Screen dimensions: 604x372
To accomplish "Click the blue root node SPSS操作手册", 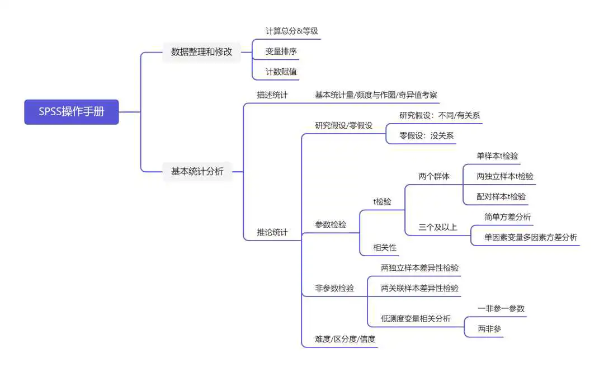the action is point(71,112).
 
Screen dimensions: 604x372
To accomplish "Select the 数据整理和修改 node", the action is point(201,51).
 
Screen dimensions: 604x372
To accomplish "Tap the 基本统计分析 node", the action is point(197,171).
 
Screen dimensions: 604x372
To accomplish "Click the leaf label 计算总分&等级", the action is point(291,31).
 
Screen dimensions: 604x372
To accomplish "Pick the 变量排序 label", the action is point(281,51).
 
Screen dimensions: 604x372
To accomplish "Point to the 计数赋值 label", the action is point(281,72).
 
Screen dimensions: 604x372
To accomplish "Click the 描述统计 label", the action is point(272,95).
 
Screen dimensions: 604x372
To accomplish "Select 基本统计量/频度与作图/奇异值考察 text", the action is point(376,95).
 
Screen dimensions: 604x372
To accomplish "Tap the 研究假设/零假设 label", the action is point(343,125).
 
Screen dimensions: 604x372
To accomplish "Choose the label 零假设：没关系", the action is point(426,136).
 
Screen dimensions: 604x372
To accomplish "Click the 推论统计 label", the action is point(272,232).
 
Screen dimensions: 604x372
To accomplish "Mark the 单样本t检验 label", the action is point(497,156).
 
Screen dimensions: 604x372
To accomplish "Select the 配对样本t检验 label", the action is point(501,196).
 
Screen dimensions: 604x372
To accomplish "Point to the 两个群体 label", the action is point(434,176).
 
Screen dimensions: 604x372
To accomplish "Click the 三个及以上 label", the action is point(437,227).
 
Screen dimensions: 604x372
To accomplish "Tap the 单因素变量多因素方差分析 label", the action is point(530,237).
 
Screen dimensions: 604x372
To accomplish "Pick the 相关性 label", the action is point(384,247).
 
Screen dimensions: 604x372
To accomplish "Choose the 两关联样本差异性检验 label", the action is point(419,288).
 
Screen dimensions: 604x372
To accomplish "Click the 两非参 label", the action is point(489,329).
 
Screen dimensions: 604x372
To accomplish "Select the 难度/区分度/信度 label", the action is point(345,339).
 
